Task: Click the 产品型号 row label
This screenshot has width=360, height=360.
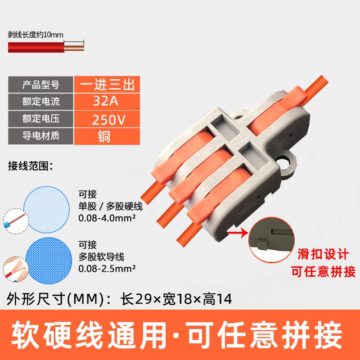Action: coord(40,84)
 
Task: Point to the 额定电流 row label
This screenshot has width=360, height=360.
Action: coord(40,102)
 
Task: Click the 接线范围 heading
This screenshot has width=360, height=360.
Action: coord(30,167)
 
